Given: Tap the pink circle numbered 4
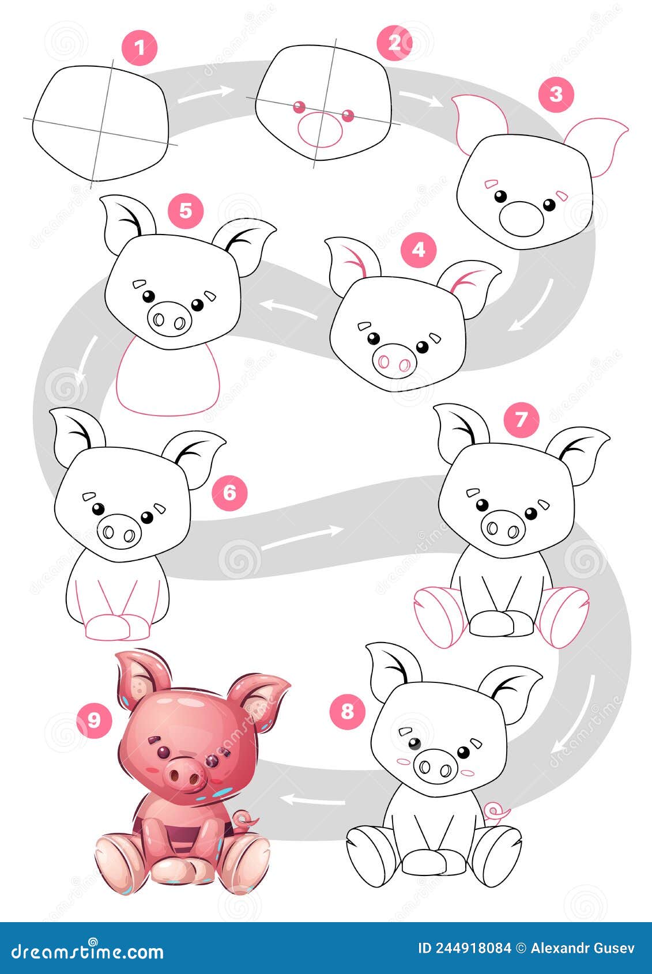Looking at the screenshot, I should (419, 250).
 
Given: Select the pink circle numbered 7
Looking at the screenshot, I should (521, 419).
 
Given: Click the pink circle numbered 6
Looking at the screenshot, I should (229, 492).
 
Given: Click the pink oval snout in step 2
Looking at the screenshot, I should (320, 130).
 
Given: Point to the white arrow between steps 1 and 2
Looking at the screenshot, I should (205, 94).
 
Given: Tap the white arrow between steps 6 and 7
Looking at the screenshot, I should (304, 537).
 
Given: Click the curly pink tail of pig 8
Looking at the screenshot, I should (496, 813).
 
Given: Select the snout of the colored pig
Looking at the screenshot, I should (186, 773).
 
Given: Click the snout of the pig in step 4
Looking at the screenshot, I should (394, 361).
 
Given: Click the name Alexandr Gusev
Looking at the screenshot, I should (582, 948).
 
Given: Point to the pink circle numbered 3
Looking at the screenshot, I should (556, 95).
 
